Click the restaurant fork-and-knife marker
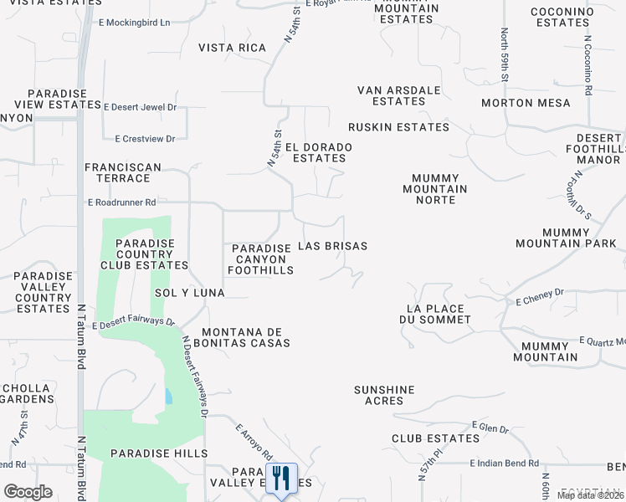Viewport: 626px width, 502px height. click(x=280, y=479)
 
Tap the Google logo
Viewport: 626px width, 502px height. click(x=28, y=491)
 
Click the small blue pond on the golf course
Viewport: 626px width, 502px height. click(x=170, y=396)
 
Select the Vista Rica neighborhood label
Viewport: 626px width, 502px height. click(x=232, y=48)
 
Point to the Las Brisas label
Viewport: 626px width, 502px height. click(x=333, y=247)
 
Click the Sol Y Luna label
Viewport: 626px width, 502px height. click(x=190, y=293)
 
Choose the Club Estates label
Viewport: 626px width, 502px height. click(x=435, y=438)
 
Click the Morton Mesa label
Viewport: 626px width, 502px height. click(x=526, y=103)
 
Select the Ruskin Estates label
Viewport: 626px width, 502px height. click(x=399, y=127)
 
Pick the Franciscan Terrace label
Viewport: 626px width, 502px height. click(x=123, y=172)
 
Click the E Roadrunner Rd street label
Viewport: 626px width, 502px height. click(x=122, y=202)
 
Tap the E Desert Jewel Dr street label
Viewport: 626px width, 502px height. click(x=140, y=107)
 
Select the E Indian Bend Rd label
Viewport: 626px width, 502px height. click(x=501, y=463)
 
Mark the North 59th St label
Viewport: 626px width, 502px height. click(x=505, y=54)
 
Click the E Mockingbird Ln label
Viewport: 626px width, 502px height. click(x=135, y=23)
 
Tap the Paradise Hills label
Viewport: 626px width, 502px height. click(x=169, y=453)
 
